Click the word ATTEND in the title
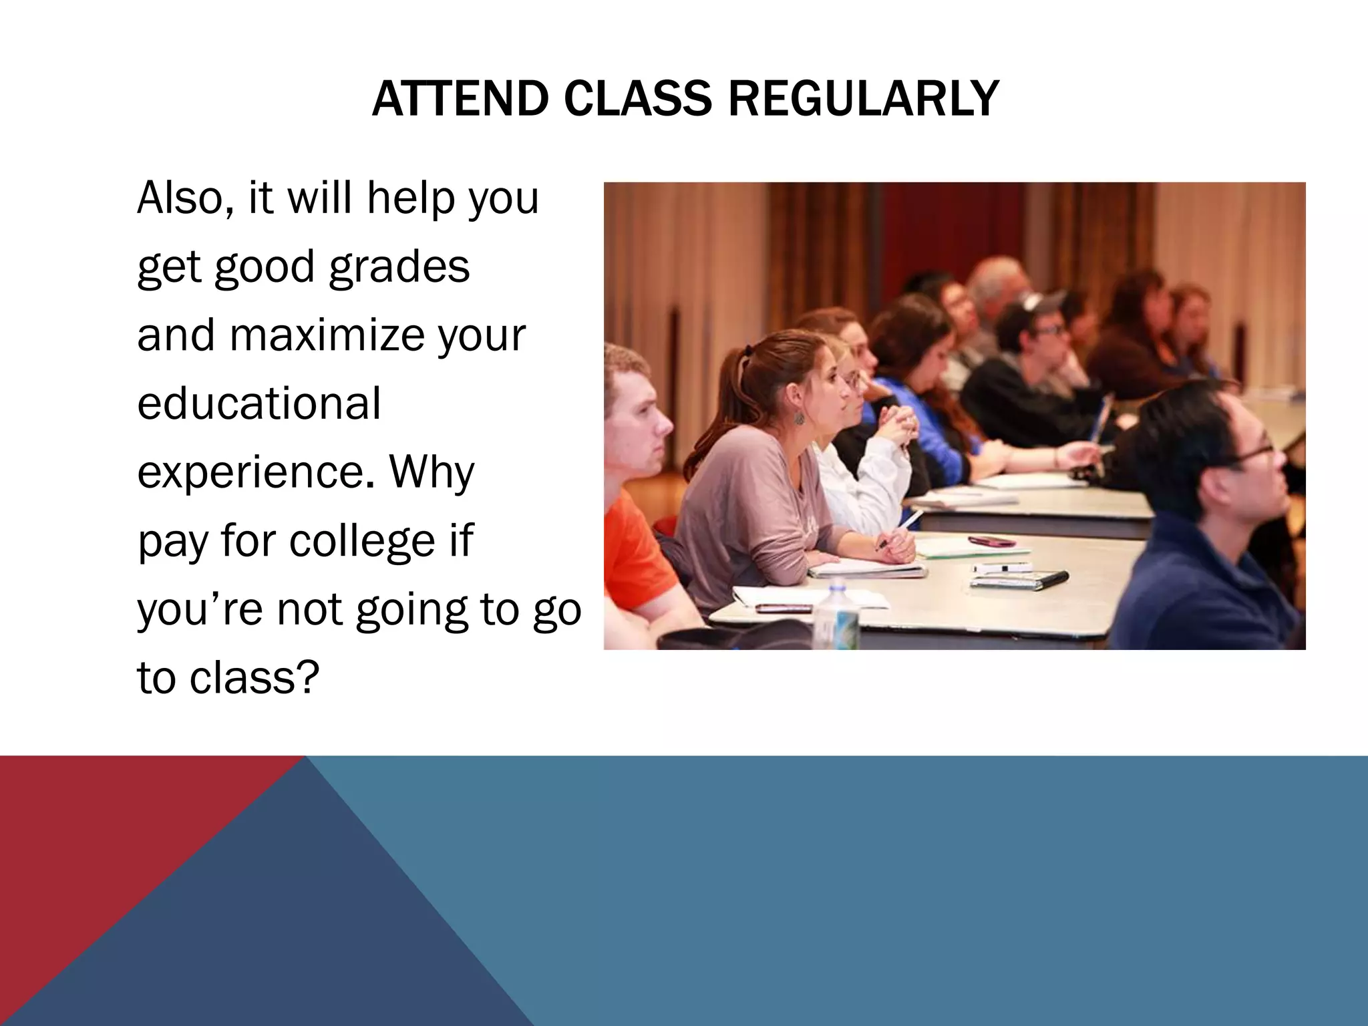pyautogui.click(x=461, y=99)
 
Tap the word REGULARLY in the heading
pyautogui.click(x=863, y=99)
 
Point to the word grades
pyautogui.click(x=399, y=267)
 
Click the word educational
pyautogui.click(x=259, y=403)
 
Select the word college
pyautogui.click(x=361, y=541)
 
